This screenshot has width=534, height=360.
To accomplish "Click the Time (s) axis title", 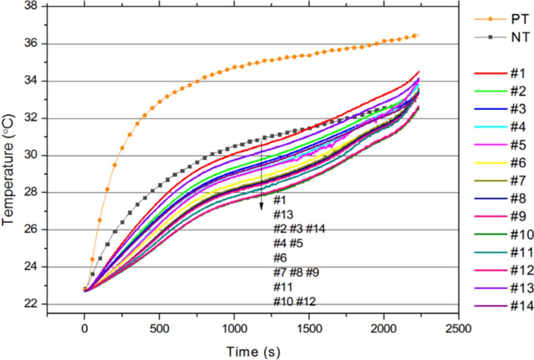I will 253,351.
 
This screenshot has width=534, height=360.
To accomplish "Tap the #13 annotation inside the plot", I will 283,214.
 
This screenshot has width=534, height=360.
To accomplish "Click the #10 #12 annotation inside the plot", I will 295,302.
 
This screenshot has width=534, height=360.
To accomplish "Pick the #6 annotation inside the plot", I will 280,258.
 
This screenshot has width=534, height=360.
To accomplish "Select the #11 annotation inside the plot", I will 283,287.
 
